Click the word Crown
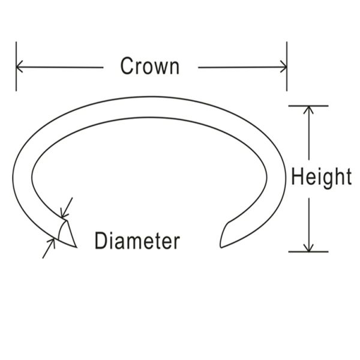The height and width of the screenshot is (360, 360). coord(149,66)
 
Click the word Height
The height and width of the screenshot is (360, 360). coord(321,178)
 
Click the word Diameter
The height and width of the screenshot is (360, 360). coord(137,241)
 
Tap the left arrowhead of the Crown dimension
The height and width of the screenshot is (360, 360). coord(19,67)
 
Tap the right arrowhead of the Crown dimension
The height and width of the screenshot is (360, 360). coord(284,67)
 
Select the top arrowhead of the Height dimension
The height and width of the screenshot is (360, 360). coord(308,110)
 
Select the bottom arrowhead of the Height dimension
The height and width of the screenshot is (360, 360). coord(308,247)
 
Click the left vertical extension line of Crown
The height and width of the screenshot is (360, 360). coord(16,67)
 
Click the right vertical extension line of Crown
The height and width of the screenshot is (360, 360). coord(287,67)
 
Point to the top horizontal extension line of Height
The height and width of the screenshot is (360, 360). coord(308,106)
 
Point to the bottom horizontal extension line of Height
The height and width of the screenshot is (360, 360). coord(308,252)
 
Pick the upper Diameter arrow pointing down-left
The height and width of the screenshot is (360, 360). coord(67,208)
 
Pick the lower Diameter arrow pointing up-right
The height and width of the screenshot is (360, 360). coord(49,248)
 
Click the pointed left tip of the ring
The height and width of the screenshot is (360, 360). coord(76,247)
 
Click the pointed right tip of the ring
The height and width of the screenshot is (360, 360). coord(221,247)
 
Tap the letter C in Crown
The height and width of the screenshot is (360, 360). coord(127,66)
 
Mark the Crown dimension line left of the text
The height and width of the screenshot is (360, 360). coord(59,67)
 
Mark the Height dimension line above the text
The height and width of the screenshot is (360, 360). coord(308,133)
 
